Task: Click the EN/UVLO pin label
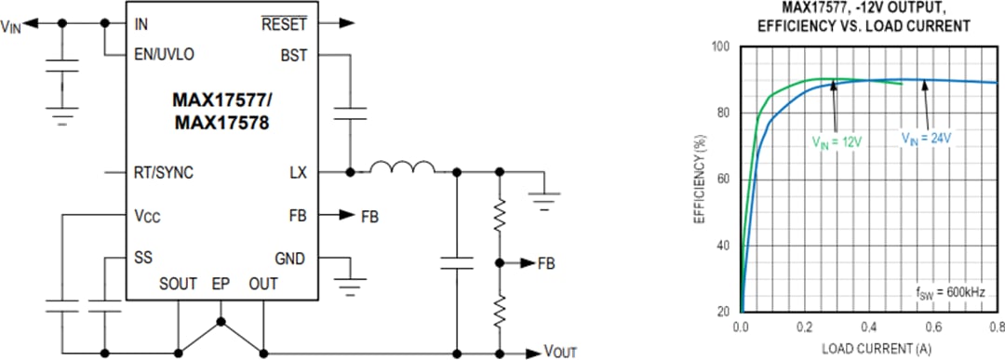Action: pyautogui.click(x=164, y=55)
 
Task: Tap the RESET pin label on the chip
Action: pyautogui.click(x=284, y=23)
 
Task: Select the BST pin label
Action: pyautogui.click(x=293, y=55)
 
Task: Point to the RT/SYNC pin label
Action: pyautogui.click(x=164, y=173)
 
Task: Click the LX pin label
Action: pyautogui.click(x=298, y=173)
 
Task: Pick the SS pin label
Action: pyautogui.click(x=143, y=257)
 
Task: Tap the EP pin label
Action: pyautogui.click(x=221, y=283)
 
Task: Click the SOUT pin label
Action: pyautogui.click(x=177, y=283)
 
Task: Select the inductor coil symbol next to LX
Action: pyautogui.click(x=402, y=168)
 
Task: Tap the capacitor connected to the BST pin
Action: pyautogui.click(x=350, y=113)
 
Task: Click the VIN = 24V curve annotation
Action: pyautogui.click(x=926, y=138)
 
